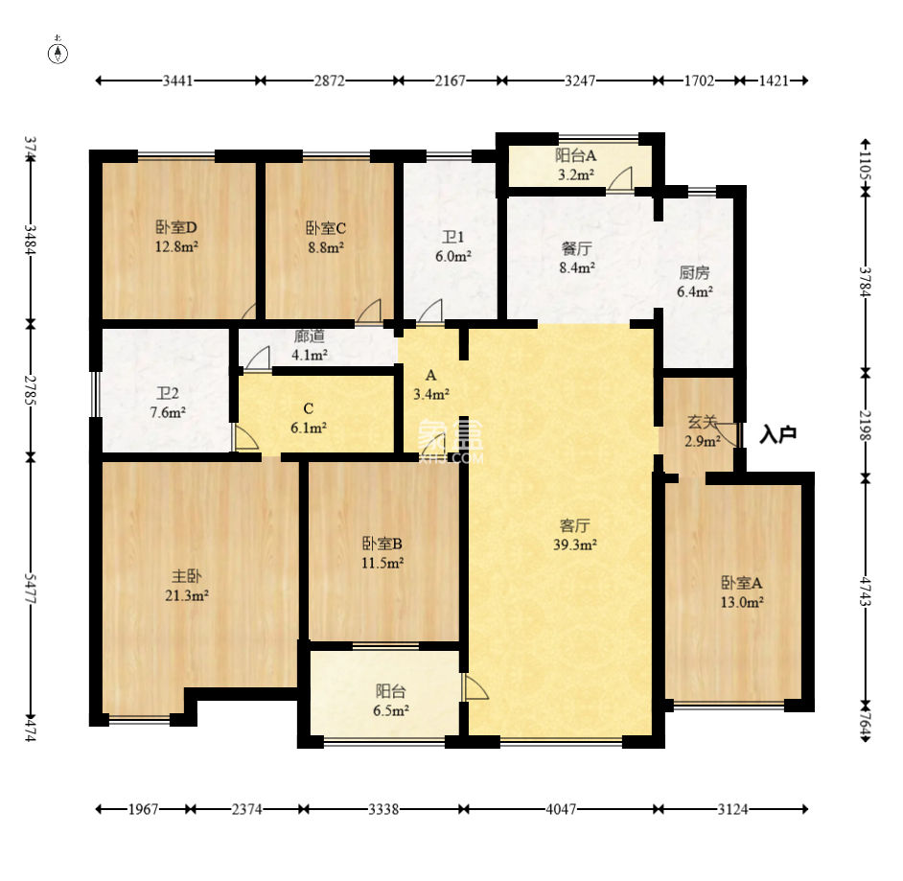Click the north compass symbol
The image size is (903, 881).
pyautogui.click(x=58, y=52)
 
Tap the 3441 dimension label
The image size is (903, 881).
pyautogui.click(x=177, y=81)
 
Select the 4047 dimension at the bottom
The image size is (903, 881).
pyautogui.click(x=561, y=809)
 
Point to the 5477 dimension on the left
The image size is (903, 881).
pyautogui.click(x=30, y=588)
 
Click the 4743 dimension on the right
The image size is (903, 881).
pyautogui.click(x=865, y=591)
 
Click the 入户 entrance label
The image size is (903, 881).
pyautogui.click(x=778, y=434)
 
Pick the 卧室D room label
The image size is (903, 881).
pyautogui.click(x=176, y=227)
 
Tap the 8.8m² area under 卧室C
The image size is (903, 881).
pyautogui.click(x=326, y=247)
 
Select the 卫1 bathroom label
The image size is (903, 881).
pyautogui.click(x=452, y=237)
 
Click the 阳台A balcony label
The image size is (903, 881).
pyautogui.click(x=575, y=155)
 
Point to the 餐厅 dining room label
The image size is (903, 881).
pyautogui.click(x=576, y=248)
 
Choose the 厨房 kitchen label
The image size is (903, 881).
pyautogui.click(x=695, y=272)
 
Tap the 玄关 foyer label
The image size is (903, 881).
pyautogui.click(x=702, y=422)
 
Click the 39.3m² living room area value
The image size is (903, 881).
pyautogui.click(x=575, y=545)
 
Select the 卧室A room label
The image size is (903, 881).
pyautogui.click(x=742, y=583)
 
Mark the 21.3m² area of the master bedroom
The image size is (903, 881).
pyautogui.click(x=187, y=595)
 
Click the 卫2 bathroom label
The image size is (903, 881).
pyautogui.click(x=168, y=393)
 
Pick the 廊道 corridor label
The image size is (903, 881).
pyautogui.click(x=310, y=336)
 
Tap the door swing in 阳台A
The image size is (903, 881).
pyautogui.click(x=620, y=178)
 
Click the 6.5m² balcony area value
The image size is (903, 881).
pyautogui.click(x=391, y=710)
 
